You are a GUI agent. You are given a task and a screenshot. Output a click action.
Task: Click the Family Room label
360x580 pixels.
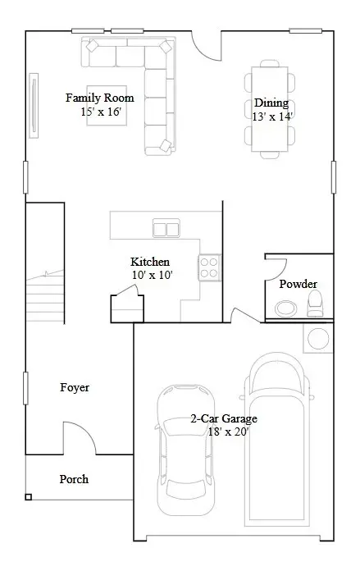click(x=100, y=98)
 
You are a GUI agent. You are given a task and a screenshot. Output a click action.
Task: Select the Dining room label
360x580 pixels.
click(x=271, y=103)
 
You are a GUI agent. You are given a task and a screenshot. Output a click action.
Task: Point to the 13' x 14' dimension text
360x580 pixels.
click(x=272, y=116)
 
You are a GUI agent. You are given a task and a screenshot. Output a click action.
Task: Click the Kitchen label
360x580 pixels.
click(x=150, y=263)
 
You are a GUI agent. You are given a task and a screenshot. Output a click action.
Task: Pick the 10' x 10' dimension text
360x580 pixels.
click(x=152, y=276)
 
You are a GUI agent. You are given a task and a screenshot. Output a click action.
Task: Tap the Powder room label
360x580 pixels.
click(x=298, y=285)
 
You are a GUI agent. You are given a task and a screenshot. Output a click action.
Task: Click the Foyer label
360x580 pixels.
click(x=75, y=387)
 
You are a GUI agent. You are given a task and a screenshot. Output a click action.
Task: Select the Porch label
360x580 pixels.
click(x=74, y=479)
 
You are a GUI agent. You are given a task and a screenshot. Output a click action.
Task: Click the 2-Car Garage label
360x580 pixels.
click(x=224, y=418)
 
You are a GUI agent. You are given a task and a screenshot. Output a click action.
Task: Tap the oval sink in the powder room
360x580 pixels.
click(x=286, y=308)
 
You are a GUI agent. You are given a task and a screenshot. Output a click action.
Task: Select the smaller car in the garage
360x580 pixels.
click(x=185, y=459)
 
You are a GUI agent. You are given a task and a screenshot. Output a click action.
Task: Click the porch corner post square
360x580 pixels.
click(x=28, y=496)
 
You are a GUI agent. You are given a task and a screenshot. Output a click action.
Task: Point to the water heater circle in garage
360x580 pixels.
click(x=318, y=336)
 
